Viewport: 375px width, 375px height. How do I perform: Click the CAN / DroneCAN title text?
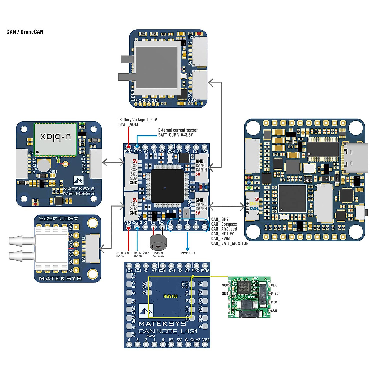[25, 32]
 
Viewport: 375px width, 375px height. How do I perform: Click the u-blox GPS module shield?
[55, 139]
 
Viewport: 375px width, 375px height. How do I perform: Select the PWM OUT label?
[188, 253]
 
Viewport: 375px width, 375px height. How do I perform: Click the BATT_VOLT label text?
[129, 124]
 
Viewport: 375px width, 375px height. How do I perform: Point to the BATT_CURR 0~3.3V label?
[175, 135]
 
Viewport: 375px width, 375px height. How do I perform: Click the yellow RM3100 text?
[171, 296]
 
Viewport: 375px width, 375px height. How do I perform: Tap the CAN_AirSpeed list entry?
[224, 229]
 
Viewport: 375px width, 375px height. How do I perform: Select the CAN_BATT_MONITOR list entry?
[230, 243]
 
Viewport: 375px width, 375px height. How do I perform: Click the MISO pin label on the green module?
[275, 294]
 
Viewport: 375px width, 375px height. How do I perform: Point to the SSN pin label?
[274, 311]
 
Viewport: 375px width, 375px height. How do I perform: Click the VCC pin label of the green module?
[225, 285]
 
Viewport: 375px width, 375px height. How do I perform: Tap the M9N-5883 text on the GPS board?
[79, 193]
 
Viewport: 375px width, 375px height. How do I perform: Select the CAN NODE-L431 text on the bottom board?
[168, 331]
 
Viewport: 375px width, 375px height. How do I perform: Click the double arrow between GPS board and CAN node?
[113, 162]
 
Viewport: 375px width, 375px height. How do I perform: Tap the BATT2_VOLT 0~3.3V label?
[123, 254]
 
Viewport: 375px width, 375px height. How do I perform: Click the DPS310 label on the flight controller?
[308, 181]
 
